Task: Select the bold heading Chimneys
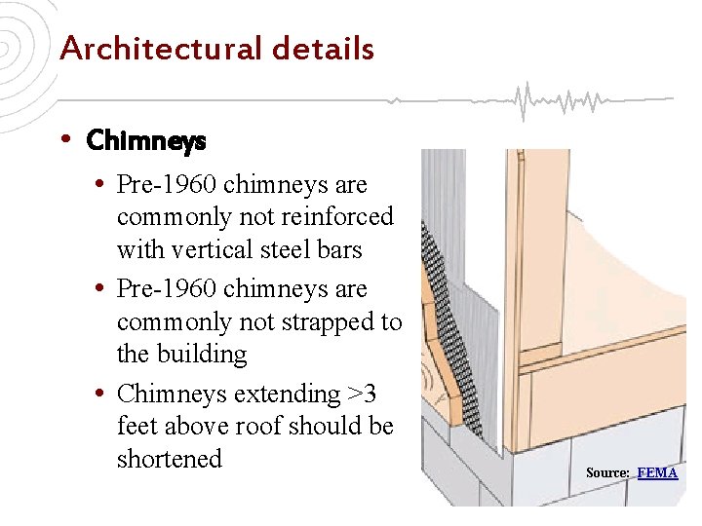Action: [x=146, y=141]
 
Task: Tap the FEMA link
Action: [x=657, y=472]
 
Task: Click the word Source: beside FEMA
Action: [x=607, y=472]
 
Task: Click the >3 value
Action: [x=362, y=394]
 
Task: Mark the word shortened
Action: [x=169, y=458]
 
